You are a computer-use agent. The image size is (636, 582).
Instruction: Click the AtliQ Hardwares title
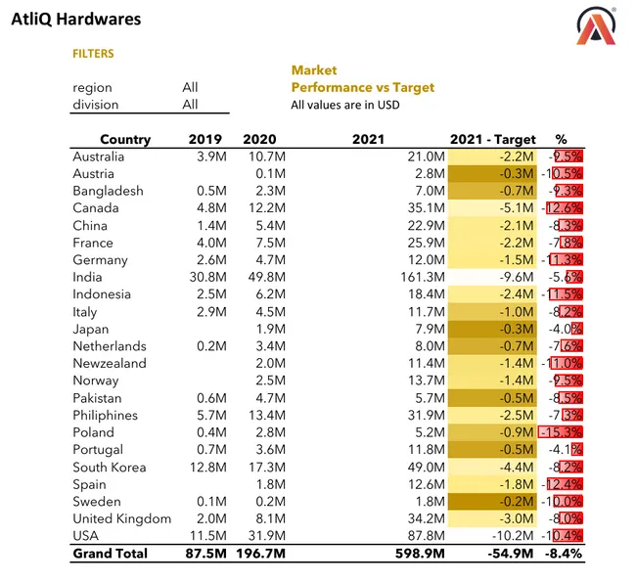click(75, 19)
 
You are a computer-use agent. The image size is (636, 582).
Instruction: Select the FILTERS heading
click(93, 54)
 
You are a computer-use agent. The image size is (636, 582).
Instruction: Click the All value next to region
click(190, 87)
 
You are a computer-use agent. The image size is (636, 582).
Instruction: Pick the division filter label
click(95, 105)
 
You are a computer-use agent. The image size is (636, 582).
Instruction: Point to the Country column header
click(125, 139)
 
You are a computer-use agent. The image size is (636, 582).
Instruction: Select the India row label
click(88, 278)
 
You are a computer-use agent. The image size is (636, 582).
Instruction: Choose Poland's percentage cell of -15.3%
click(562, 432)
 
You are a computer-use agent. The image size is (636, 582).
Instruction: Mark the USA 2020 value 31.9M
click(264, 536)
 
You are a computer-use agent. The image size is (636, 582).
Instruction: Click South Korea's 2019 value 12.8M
click(206, 467)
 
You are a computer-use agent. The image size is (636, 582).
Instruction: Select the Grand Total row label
click(111, 554)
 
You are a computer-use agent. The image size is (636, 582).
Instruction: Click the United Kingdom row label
click(121, 518)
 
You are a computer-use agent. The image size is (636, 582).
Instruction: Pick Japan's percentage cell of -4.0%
click(565, 330)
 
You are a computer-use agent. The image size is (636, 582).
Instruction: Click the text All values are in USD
click(344, 105)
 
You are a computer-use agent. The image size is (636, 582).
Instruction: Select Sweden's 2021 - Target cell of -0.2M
click(514, 502)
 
